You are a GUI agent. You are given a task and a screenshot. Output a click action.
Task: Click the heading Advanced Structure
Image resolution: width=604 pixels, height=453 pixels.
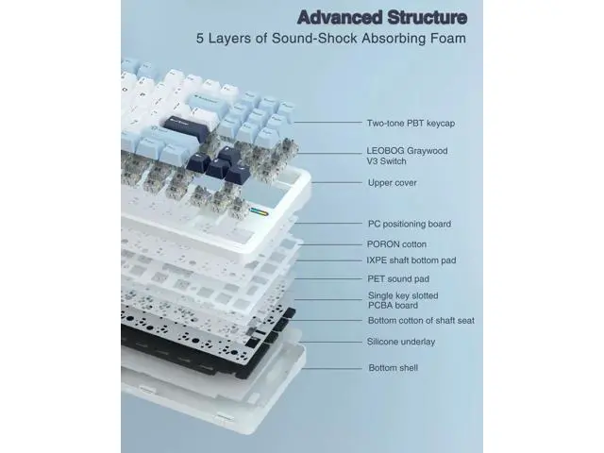point(382,17)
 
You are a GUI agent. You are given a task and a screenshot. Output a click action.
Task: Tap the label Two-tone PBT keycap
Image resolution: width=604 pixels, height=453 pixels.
point(411,124)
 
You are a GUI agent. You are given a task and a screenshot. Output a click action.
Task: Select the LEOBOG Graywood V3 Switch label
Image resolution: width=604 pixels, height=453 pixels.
point(407,156)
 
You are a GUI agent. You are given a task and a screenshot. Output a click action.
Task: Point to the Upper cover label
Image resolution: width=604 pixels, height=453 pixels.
point(393,182)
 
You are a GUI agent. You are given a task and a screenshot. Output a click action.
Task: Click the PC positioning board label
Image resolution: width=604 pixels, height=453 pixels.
point(410,224)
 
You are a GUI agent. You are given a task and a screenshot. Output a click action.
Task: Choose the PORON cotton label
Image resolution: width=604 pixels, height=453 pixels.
point(396,244)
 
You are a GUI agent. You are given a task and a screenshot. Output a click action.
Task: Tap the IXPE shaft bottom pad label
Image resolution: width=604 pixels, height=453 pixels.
point(411,260)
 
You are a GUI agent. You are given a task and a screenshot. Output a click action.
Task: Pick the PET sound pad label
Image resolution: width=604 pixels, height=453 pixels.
point(398,279)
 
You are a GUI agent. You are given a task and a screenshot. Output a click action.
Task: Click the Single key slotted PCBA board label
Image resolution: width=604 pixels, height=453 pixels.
point(403,300)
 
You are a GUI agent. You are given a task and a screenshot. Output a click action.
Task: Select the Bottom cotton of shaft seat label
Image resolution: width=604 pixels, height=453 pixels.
point(421,321)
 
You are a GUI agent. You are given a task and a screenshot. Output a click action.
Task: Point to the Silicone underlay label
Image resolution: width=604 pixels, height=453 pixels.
point(401,342)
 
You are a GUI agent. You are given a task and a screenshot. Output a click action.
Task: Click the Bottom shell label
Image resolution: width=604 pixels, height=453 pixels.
point(394,368)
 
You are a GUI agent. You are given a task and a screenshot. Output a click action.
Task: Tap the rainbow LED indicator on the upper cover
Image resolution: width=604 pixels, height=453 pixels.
point(259,211)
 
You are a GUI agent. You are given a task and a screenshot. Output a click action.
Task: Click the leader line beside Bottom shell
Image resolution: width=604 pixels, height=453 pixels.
point(332,369)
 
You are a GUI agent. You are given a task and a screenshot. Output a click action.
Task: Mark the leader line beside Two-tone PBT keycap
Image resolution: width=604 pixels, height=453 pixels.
point(327,123)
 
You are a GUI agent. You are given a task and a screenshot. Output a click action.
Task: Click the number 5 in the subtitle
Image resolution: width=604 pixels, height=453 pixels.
point(199,39)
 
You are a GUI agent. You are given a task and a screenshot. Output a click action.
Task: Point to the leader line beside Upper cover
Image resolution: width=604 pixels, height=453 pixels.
point(337,182)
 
